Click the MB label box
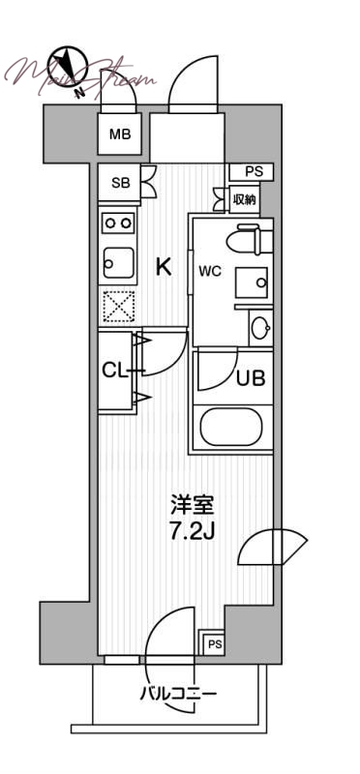[x=120, y=134]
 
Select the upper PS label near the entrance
[x=253, y=172]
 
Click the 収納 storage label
[x=245, y=199]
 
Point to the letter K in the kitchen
[x=165, y=267]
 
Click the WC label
[x=210, y=271]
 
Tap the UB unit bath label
[x=251, y=378]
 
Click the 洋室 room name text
[x=191, y=506]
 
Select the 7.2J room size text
[x=191, y=532]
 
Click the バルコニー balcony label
[x=177, y=693]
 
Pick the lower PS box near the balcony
[x=214, y=644]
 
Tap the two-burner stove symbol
[x=119, y=223]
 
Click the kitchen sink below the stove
[x=119, y=261]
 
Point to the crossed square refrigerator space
[x=119, y=309]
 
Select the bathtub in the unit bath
[x=232, y=427]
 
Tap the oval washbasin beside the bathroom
[x=260, y=328]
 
